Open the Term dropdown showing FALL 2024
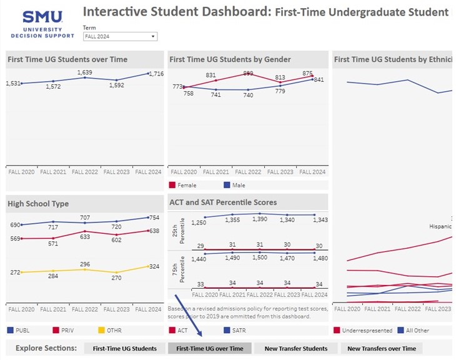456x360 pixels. coord(120,37)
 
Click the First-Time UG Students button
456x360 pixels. coord(124,348)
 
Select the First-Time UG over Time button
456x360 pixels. coord(210,348)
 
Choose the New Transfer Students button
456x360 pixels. coord(295,348)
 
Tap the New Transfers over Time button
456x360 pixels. coord(381,348)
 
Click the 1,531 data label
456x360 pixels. coord(12,83)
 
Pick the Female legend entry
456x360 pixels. coord(187,186)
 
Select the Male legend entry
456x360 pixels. coord(237,186)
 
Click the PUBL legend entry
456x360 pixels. coord(22,331)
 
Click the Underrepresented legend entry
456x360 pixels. coord(367,331)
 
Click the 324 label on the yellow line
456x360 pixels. coord(154,267)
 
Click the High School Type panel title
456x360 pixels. coord(38,204)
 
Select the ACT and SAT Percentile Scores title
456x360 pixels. coord(223,202)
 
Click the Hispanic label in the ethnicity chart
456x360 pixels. coord(440,226)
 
